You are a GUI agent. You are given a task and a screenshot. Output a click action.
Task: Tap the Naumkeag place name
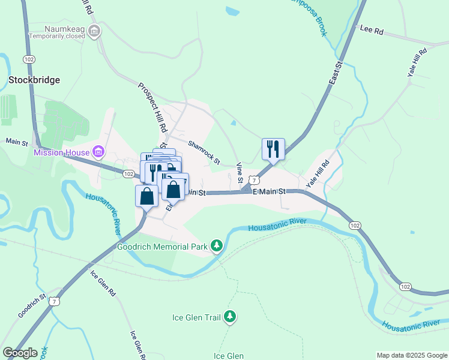(x=64, y=28)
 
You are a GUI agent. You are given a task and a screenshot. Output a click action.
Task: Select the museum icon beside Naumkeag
(x=93, y=31)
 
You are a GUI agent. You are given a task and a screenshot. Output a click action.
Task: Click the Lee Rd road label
(x=371, y=30)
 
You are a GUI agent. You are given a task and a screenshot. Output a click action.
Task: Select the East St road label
(x=335, y=73)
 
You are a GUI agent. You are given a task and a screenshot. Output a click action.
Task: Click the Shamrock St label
(x=204, y=152)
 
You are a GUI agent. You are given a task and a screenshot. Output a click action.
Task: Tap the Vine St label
(x=240, y=173)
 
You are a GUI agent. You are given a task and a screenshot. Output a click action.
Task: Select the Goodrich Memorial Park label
(x=162, y=245)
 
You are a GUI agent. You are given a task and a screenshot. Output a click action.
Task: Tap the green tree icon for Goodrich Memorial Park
(x=217, y=245)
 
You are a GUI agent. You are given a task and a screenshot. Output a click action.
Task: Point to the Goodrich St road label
(x=32, y=305)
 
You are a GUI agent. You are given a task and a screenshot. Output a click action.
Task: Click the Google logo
(x=20, y=353)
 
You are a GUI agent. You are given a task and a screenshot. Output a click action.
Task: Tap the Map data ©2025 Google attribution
(x=411, y=355)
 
